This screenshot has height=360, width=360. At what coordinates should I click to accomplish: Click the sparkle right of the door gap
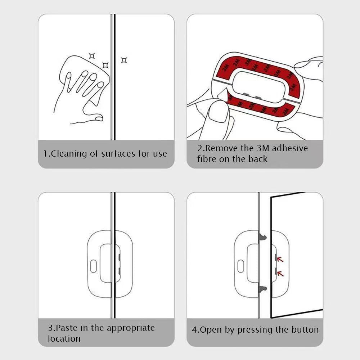(124, 60)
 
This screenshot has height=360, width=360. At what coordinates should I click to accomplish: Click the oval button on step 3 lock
(93, 267)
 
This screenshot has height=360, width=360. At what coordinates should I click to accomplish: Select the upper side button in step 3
(120, 257)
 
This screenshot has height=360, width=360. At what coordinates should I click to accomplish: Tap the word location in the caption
(64, 339)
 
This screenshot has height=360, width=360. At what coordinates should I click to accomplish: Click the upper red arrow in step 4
(280, 259)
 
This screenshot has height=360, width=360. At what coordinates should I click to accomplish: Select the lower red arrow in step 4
(280, 274)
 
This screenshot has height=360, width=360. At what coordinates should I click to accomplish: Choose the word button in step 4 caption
(304, 330)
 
